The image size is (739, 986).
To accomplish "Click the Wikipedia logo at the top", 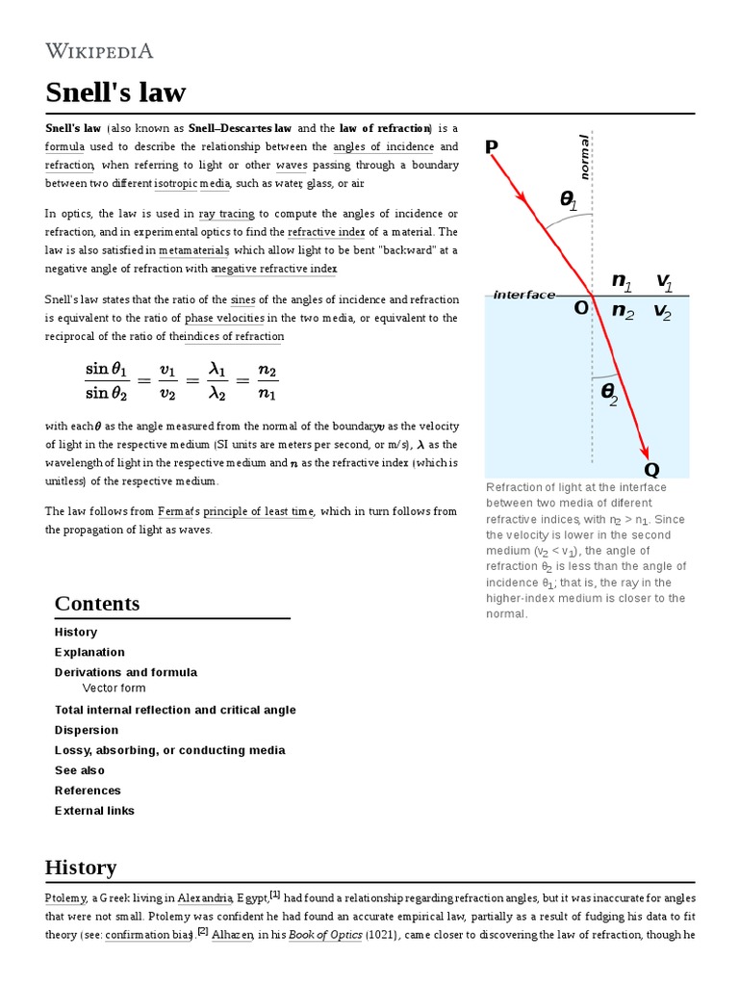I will coord(99,51).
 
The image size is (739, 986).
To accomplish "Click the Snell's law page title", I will coord(115,93).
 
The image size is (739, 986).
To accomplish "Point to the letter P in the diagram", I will coord(492,147).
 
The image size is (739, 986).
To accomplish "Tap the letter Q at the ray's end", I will coord(651,469).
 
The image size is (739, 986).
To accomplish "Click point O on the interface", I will coord(581,308).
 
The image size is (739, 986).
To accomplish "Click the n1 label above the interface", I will coord(623,281).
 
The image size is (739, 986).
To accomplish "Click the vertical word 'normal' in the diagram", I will coord(583,157).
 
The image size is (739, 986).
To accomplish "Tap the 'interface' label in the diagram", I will coord(523,295).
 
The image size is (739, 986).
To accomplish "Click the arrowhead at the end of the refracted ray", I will coord(645,452).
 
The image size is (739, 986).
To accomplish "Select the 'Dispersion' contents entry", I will coord(87,730).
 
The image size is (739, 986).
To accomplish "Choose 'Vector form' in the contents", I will coord(114,688).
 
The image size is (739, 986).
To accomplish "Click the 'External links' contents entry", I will coord(94,811).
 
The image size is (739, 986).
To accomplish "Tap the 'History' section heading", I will coord(81,867).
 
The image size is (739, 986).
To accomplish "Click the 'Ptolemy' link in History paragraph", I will coord(65,897).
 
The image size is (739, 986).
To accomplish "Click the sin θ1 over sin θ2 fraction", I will coord(111,380).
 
